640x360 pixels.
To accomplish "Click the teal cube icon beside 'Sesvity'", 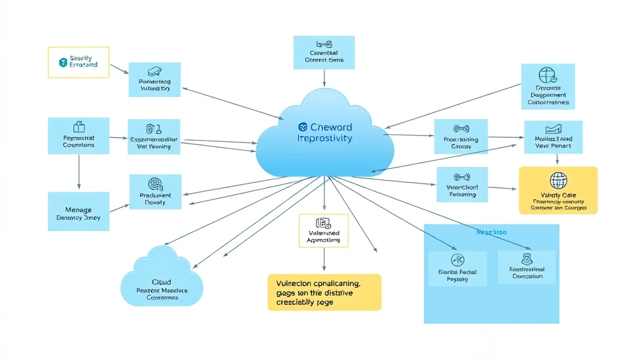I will tap(62, 62).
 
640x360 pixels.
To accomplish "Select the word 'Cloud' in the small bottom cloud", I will tap(161, 282).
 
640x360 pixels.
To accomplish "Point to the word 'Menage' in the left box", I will tap(78, 210).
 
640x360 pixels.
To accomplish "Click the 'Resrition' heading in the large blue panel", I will tap(491, 232).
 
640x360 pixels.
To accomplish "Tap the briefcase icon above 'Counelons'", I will tap(79, 127).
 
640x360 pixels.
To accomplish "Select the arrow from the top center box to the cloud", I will tap(324, 77).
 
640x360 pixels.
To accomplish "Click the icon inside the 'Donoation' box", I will tap(527, 259).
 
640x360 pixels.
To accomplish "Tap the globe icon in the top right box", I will tap(547, 75).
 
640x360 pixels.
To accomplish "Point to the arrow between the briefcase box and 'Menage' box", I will tap(79, 171).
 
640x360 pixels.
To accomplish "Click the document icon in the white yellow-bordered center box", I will tap(323, 222).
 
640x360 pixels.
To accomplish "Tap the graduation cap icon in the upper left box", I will tap(154, 72).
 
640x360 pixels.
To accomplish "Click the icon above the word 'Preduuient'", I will tap(155, 184).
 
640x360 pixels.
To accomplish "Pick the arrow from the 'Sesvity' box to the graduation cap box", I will tap(119, 68).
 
